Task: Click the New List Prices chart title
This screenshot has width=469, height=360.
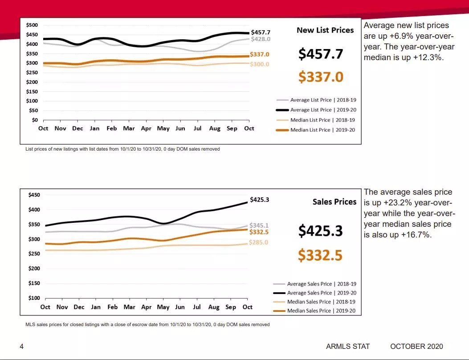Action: coord(325,30)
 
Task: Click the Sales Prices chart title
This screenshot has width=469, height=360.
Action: coord(334,202)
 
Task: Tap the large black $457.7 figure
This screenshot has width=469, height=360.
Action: coord(321,54)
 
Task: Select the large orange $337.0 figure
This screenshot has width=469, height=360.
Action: coord(321,77)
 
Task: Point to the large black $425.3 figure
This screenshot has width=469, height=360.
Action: coord(320,231)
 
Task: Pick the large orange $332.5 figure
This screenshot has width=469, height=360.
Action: coord(320,255)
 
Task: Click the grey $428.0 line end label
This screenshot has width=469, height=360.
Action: coord(260,39)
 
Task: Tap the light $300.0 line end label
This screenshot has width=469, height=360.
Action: coord(260,64)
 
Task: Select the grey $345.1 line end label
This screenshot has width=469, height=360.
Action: coord(259,225)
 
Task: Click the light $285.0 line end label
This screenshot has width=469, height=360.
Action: coord(259,242)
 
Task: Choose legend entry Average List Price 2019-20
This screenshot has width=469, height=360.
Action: coord(317,110)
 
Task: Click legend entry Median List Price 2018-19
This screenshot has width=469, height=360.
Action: coord(317,120)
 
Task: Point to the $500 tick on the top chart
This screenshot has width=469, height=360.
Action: coord(32,25)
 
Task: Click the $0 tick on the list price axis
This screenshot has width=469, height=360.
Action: coord(35,120)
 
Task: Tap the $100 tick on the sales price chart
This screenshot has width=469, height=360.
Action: coord(34,298)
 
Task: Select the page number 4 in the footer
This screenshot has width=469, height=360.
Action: coord(21,346)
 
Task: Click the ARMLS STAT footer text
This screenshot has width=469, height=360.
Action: coord(348,346)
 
